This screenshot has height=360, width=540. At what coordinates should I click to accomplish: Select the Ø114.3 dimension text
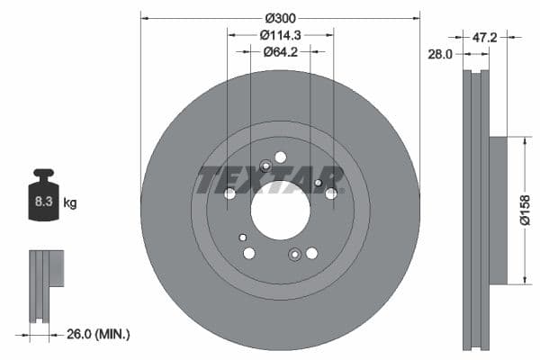pos(279,35)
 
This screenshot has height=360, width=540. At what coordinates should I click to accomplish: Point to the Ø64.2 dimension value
pos(280,52)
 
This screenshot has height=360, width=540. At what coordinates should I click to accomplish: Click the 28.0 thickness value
pos(440,54)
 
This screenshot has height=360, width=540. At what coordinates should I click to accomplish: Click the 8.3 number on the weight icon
pos(43,203)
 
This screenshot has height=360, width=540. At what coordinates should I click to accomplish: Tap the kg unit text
pos(69,203)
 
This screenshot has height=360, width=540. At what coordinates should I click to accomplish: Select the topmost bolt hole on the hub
pos(280,157)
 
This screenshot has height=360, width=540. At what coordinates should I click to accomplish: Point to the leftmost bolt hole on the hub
pos(229,193)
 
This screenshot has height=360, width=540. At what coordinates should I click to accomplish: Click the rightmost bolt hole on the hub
pos(331,193)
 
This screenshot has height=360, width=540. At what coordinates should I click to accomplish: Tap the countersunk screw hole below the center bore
pos(294,255)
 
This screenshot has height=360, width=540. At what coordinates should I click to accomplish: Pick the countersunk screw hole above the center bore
pos(265,166)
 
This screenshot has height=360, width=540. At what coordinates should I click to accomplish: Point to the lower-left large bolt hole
pos(248,254)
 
